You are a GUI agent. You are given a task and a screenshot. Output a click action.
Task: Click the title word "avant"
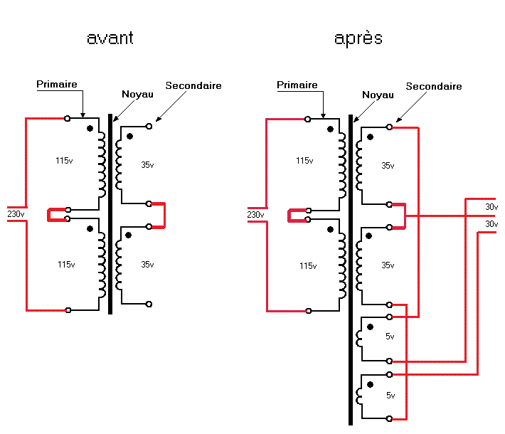pyautogui.click(x=110, y=38)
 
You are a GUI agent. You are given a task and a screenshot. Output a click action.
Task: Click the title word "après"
pyautogui.click(x=358, y=38)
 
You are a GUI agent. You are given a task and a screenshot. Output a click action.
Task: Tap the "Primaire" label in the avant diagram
pyautogui.click(x=57, y=84)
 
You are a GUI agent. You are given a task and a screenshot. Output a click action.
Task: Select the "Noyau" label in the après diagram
pyautogui.click(x=378, y=95)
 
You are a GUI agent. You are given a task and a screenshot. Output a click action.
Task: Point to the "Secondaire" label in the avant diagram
pyautogui.click(x=193, y=85)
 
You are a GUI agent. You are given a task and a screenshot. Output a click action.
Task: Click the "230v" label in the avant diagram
pyautogui.click(x=16, y=214)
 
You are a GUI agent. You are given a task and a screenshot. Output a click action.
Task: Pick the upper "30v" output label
pyautogui.click(x=491, y=207)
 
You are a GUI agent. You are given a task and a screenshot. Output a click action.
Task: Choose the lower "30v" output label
pyautogui.click(x=491, y=224)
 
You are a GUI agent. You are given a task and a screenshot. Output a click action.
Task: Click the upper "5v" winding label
pyautogui.click(x=390, y=337)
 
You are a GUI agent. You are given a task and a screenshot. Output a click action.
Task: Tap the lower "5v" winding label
pyautogui.click(x=390, y=396)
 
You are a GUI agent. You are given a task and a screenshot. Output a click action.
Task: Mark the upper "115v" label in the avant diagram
pyautogui.click(x=64, y=161)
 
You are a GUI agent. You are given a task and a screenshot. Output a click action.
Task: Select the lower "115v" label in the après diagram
pyautogui.click(x=308, y=266)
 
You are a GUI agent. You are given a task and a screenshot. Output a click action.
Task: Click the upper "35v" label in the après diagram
pyautogui.click(x=388, y=166)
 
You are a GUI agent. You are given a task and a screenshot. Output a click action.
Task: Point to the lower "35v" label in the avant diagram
pyautogui.click(x=147, y=265)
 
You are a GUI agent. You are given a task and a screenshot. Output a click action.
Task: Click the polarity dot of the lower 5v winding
pyautogui.click(x=371, y=384)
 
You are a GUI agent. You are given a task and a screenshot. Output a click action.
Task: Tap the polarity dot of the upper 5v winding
pyautogui.click(x=371, y=327)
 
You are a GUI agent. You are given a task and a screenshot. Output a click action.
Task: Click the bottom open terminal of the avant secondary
pyautogui.click(x=149, y=304)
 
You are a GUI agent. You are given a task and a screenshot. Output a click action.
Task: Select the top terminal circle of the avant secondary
pyautogui.click(x=149, y=127)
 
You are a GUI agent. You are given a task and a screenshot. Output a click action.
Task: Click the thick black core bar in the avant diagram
pyautogui.click(x=110, y=213)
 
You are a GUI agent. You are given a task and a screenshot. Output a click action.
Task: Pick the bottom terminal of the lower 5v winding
pyautogui.click(x=389, y=419)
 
